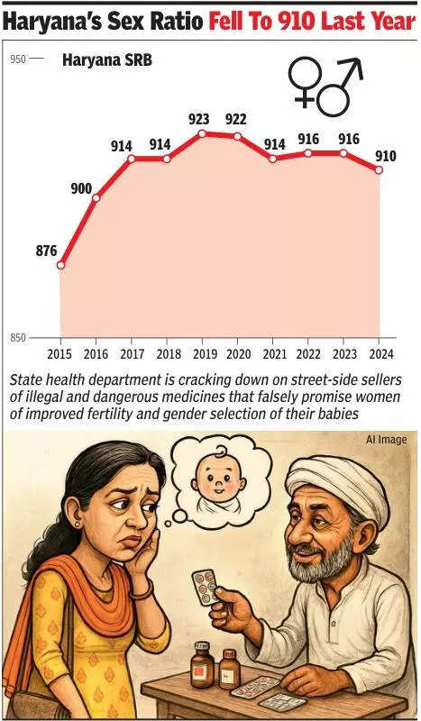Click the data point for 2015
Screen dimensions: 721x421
click(60, 265)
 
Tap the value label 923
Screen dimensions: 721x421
click(201, 118)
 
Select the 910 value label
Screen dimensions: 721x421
click(385, 156)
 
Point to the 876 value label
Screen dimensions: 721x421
click(47, 251)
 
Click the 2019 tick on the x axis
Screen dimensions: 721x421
click(202, 353)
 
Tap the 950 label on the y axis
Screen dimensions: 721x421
click(18, 59)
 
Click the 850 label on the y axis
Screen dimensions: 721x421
click(18, 338)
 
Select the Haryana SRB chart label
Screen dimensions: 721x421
click(106, 60)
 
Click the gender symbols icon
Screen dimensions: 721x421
click(324, 87)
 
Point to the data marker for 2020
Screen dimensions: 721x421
click(237, 136)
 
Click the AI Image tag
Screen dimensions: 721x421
click(386, 440)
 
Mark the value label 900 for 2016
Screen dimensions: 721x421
click(82, 188)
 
